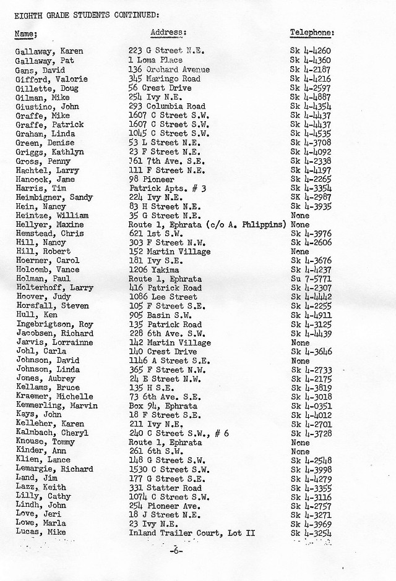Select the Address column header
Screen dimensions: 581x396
tap(168, 32)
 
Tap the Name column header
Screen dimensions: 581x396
tap(27, 33)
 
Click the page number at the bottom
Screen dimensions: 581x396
tap(176, 549)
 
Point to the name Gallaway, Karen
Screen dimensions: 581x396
tap(49, 51)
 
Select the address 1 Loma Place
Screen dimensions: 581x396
tap(155, 61)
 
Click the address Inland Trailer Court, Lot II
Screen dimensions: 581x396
tap(192, 533)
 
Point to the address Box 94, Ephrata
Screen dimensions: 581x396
tap(163, 406)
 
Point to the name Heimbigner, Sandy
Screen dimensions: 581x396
tap(54, 197)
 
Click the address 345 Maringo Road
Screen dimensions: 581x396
tap(164, 79)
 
